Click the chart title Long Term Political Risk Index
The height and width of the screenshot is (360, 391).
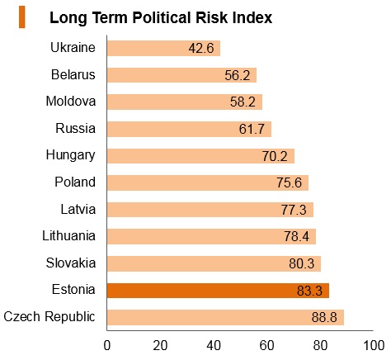[161, 17]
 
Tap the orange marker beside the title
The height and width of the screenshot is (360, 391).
[22, 17]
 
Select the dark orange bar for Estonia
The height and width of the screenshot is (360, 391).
[218, 291]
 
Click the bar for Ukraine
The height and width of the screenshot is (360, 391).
[163, 48]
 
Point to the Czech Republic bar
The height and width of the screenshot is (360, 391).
[225, 317]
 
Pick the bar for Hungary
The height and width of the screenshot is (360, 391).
[200, 156]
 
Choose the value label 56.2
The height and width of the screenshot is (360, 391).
[238, 75]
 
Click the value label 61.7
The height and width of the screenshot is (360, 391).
[252, 129]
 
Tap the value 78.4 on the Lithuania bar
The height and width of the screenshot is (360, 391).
[296, 236]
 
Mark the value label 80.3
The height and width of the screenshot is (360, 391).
[301, 263]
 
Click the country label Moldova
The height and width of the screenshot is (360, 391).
[71, 101]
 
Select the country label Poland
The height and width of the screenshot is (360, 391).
[75, 182]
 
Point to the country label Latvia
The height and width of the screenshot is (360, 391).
[78, 209]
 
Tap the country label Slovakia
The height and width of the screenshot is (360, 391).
[71, 263]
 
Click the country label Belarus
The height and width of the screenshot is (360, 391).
[73, 74]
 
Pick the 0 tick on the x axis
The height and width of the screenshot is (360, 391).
[107, 345]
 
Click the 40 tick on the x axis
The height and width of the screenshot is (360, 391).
[214, 345]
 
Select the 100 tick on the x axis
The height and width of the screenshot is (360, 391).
[374, 345]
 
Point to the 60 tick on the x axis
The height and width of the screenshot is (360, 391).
[266, 345]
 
